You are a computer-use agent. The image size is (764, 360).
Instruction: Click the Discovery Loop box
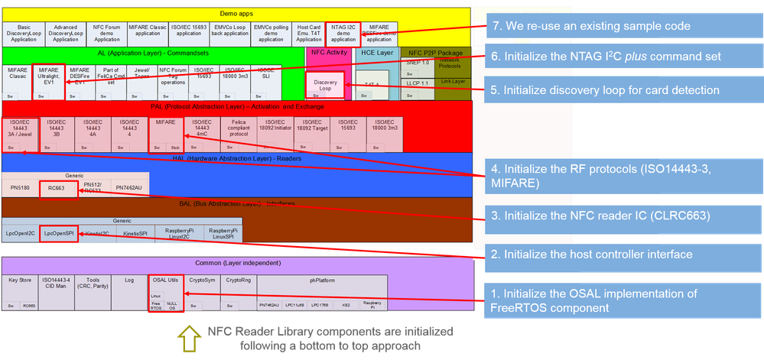[324, 84]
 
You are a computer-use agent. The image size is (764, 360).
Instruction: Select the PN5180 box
[20, 187]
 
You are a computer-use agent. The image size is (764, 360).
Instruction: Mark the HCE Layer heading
[375, 54]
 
